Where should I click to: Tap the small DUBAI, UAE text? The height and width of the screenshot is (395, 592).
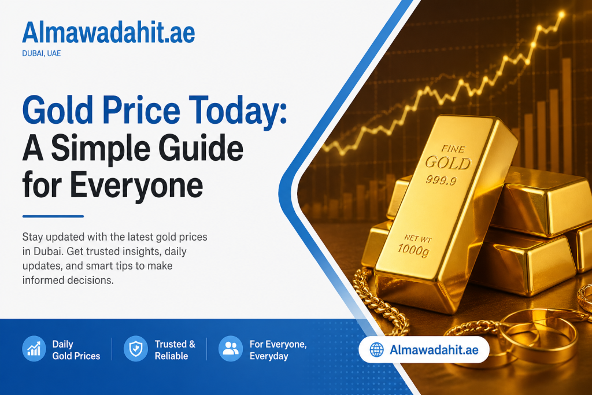(x=42, y=54)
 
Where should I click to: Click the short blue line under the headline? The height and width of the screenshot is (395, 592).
(x=53, y=217)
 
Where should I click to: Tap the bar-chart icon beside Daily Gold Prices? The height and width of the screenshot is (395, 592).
(x=34, y=349)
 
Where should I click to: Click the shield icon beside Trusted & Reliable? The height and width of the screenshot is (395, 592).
(x=135, y=349)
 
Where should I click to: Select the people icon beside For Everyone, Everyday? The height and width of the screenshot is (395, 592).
(x=230, y=349)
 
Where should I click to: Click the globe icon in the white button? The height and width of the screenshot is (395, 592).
(x=377, y=350)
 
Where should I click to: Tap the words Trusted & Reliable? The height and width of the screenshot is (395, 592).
(x=175, y=350)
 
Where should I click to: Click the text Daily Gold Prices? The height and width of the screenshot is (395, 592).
(x=76, y=350)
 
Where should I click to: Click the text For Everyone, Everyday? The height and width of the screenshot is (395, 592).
(x=277, y=350)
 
